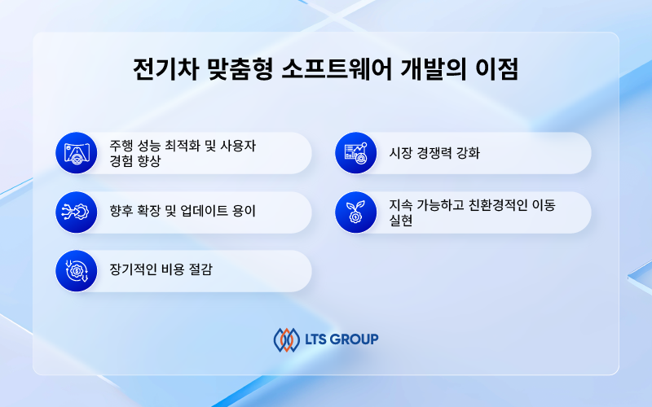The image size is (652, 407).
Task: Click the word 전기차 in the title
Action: coord(165,69)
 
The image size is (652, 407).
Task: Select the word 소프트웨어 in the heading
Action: coord(337,69)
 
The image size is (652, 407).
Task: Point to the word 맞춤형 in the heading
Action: coord(240,69)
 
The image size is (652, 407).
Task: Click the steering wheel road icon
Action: coord(77,153)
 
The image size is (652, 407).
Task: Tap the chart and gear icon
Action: coord(356,153)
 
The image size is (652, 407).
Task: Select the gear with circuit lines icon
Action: coord(77,212)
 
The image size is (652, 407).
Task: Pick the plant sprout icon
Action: coord(356,212)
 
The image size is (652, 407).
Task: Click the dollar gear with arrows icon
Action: coord(77,271)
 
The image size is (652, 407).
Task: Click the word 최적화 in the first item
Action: coord(182,146)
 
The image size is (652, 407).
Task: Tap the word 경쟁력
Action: coord(434,153)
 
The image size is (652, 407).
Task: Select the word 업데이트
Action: coord(205,211)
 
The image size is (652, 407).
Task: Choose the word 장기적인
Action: coord(133,270)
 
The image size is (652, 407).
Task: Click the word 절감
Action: coord(200,270)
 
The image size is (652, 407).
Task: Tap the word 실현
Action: coord(401,221)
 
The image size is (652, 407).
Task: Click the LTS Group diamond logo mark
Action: coord(287,339)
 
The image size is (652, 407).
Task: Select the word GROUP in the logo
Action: coord(355,339)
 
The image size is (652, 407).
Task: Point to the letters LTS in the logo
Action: coord(316,339)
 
